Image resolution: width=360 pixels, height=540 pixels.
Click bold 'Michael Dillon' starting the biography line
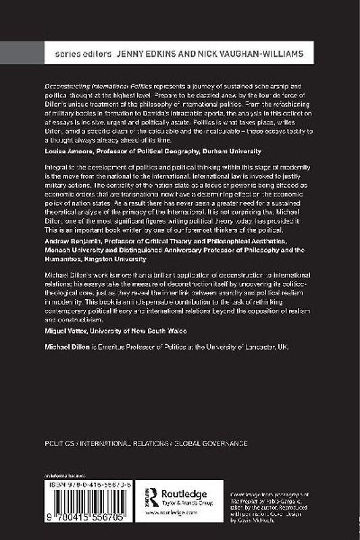click(62, 345)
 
